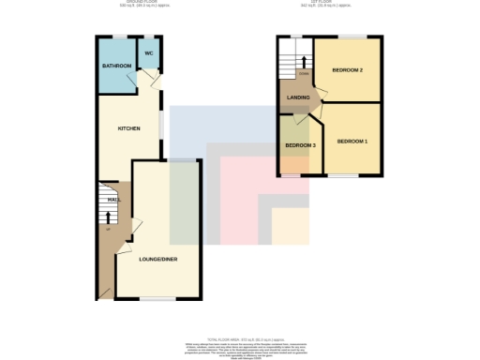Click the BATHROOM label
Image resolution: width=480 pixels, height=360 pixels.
click(116, 67)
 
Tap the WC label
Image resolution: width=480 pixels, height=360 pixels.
click(148, 53)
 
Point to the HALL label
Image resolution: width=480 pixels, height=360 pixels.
click(112, 200)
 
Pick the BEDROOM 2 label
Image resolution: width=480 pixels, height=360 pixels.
click(348, 71)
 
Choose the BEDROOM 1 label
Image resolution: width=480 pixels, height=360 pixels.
click(352, 141)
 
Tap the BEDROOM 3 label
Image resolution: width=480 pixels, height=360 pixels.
click(300, 145)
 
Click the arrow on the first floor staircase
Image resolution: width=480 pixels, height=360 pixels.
click(302, 61)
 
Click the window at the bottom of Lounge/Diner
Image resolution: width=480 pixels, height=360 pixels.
click(158, 299)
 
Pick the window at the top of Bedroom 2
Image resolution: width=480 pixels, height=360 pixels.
click(348, 37)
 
